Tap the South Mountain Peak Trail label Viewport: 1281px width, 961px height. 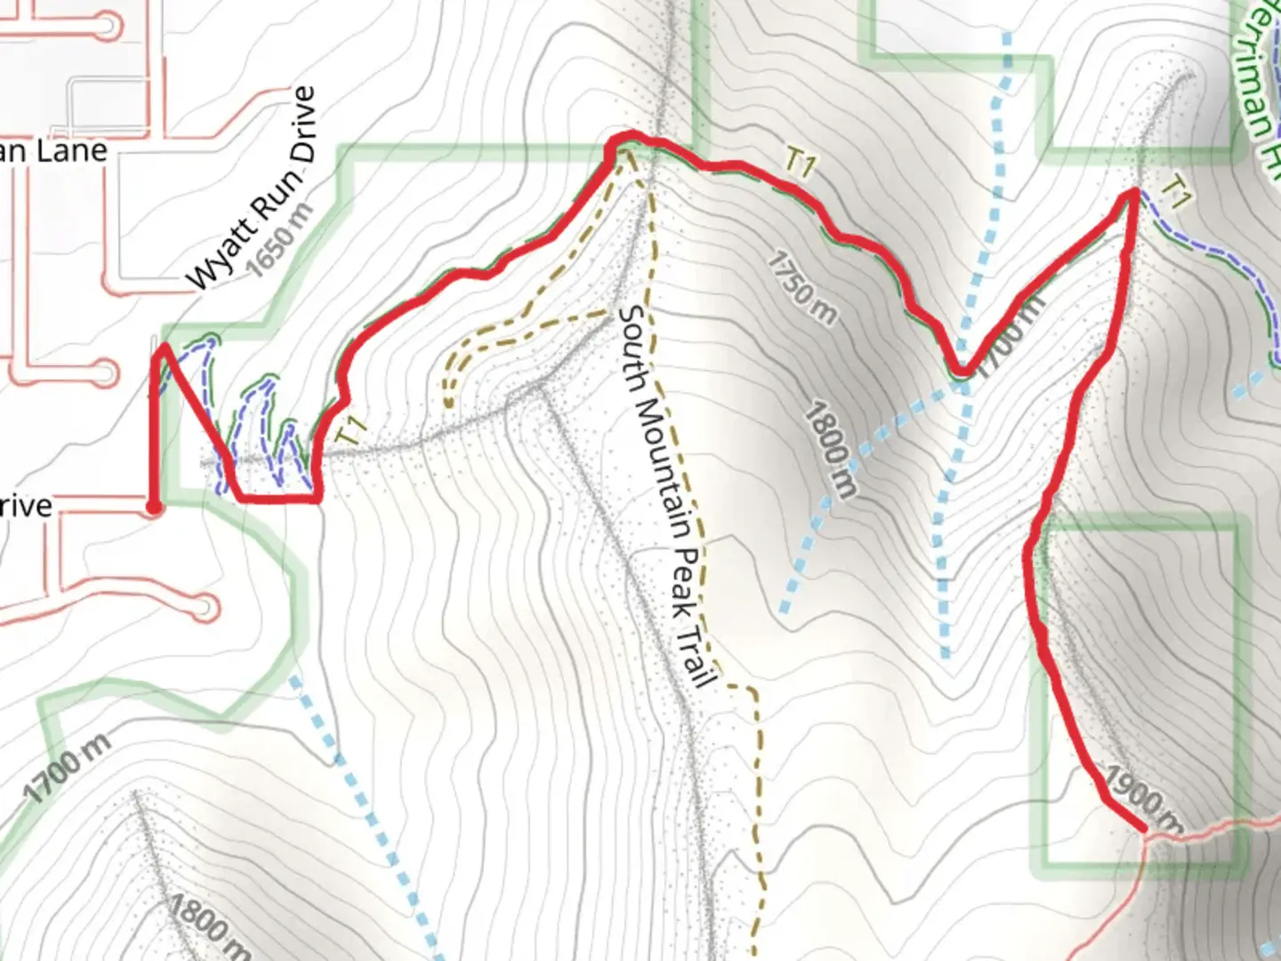(668, 495)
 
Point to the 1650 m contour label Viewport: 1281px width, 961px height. (282, 241)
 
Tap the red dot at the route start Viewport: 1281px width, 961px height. (154, 507)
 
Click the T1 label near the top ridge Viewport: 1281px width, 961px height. (800, 164)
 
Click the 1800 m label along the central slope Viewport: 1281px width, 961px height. (831, 449)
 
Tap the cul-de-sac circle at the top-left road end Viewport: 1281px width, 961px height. (108, 25)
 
